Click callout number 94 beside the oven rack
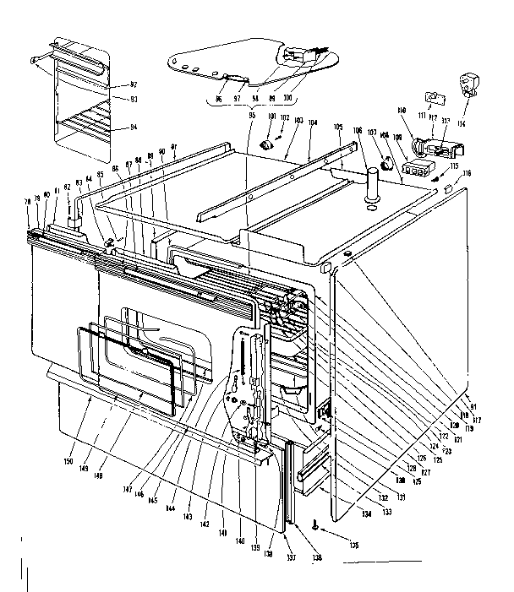[x=134, y=128]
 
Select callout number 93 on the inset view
[x=134, y=100]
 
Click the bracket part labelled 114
[x=468, y=84]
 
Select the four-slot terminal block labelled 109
[x=414, y=169]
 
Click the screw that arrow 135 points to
[x=314, y=526]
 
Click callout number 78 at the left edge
[x=28, y=201]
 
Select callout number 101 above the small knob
[x=271, y=117]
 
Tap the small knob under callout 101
[x=270, y=145]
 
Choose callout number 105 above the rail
[x=338, y=127]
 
